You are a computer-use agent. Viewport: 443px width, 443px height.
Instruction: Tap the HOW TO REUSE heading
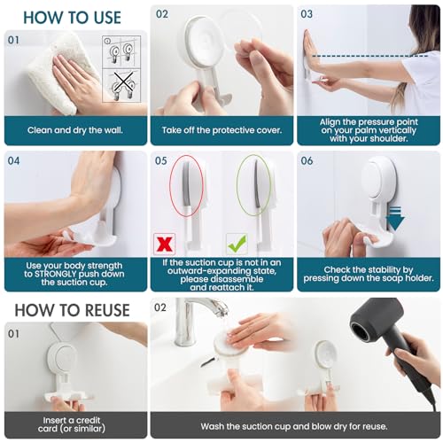(67, 311)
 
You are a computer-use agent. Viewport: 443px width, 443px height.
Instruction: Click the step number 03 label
(307, 14)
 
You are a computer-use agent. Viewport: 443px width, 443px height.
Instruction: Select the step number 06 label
(307, 161)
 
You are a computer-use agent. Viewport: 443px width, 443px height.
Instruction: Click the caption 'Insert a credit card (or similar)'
(74, 424)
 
